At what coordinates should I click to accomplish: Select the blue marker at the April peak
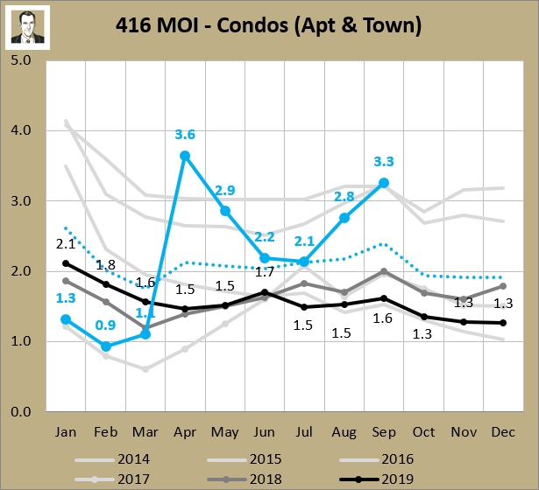185,156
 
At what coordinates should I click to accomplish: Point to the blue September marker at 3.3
383,183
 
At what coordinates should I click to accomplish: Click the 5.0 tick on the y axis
21,60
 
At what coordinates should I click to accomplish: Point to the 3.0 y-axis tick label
21,201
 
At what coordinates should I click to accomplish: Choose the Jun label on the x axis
265,431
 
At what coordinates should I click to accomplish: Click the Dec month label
502,431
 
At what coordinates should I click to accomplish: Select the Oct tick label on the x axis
423,431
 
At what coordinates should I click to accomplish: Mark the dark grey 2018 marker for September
383,271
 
